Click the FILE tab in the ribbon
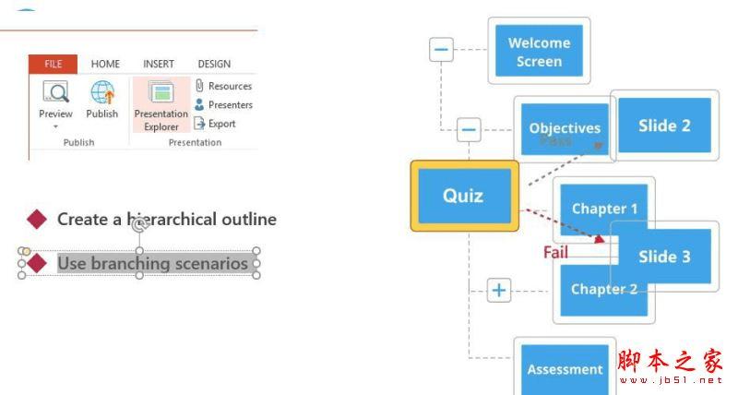tap(53, 64)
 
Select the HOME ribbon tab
tap(105, 64)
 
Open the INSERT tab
tap(159, 64)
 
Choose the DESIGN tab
tap(214, 64)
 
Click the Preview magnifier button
tap(55, 94)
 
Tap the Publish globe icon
tap(101, 94)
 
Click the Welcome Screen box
tap(539, 52)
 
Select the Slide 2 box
tap(664, 126)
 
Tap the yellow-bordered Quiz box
tap(463, 196)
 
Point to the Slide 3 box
tap(664, 257)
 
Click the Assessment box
tap(564, 369)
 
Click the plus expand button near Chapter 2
tap(499, 291)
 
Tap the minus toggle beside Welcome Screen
tap(442, 49)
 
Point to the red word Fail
tap(555, 251)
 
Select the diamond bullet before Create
tap(37, 219)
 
